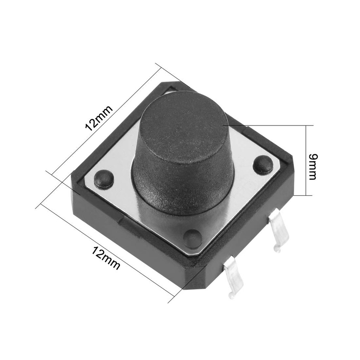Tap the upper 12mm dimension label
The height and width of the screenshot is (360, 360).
pyautogui.click(x=99, y=118)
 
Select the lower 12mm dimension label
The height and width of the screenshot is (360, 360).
pyautogui.click(x=106, y=258)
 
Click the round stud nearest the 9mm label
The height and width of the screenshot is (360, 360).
pyautogui.click(x=263, y=165)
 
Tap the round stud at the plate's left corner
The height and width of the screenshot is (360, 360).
pyautogui.click(x=104, y=178)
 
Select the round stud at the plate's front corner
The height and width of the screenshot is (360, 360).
pyautogui.click(x=193, y=238)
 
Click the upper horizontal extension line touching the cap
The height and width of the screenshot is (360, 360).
pyautogui.click(x=267, y=125)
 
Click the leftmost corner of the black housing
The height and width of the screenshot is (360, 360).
pyautogui.click(x=73, y=176)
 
